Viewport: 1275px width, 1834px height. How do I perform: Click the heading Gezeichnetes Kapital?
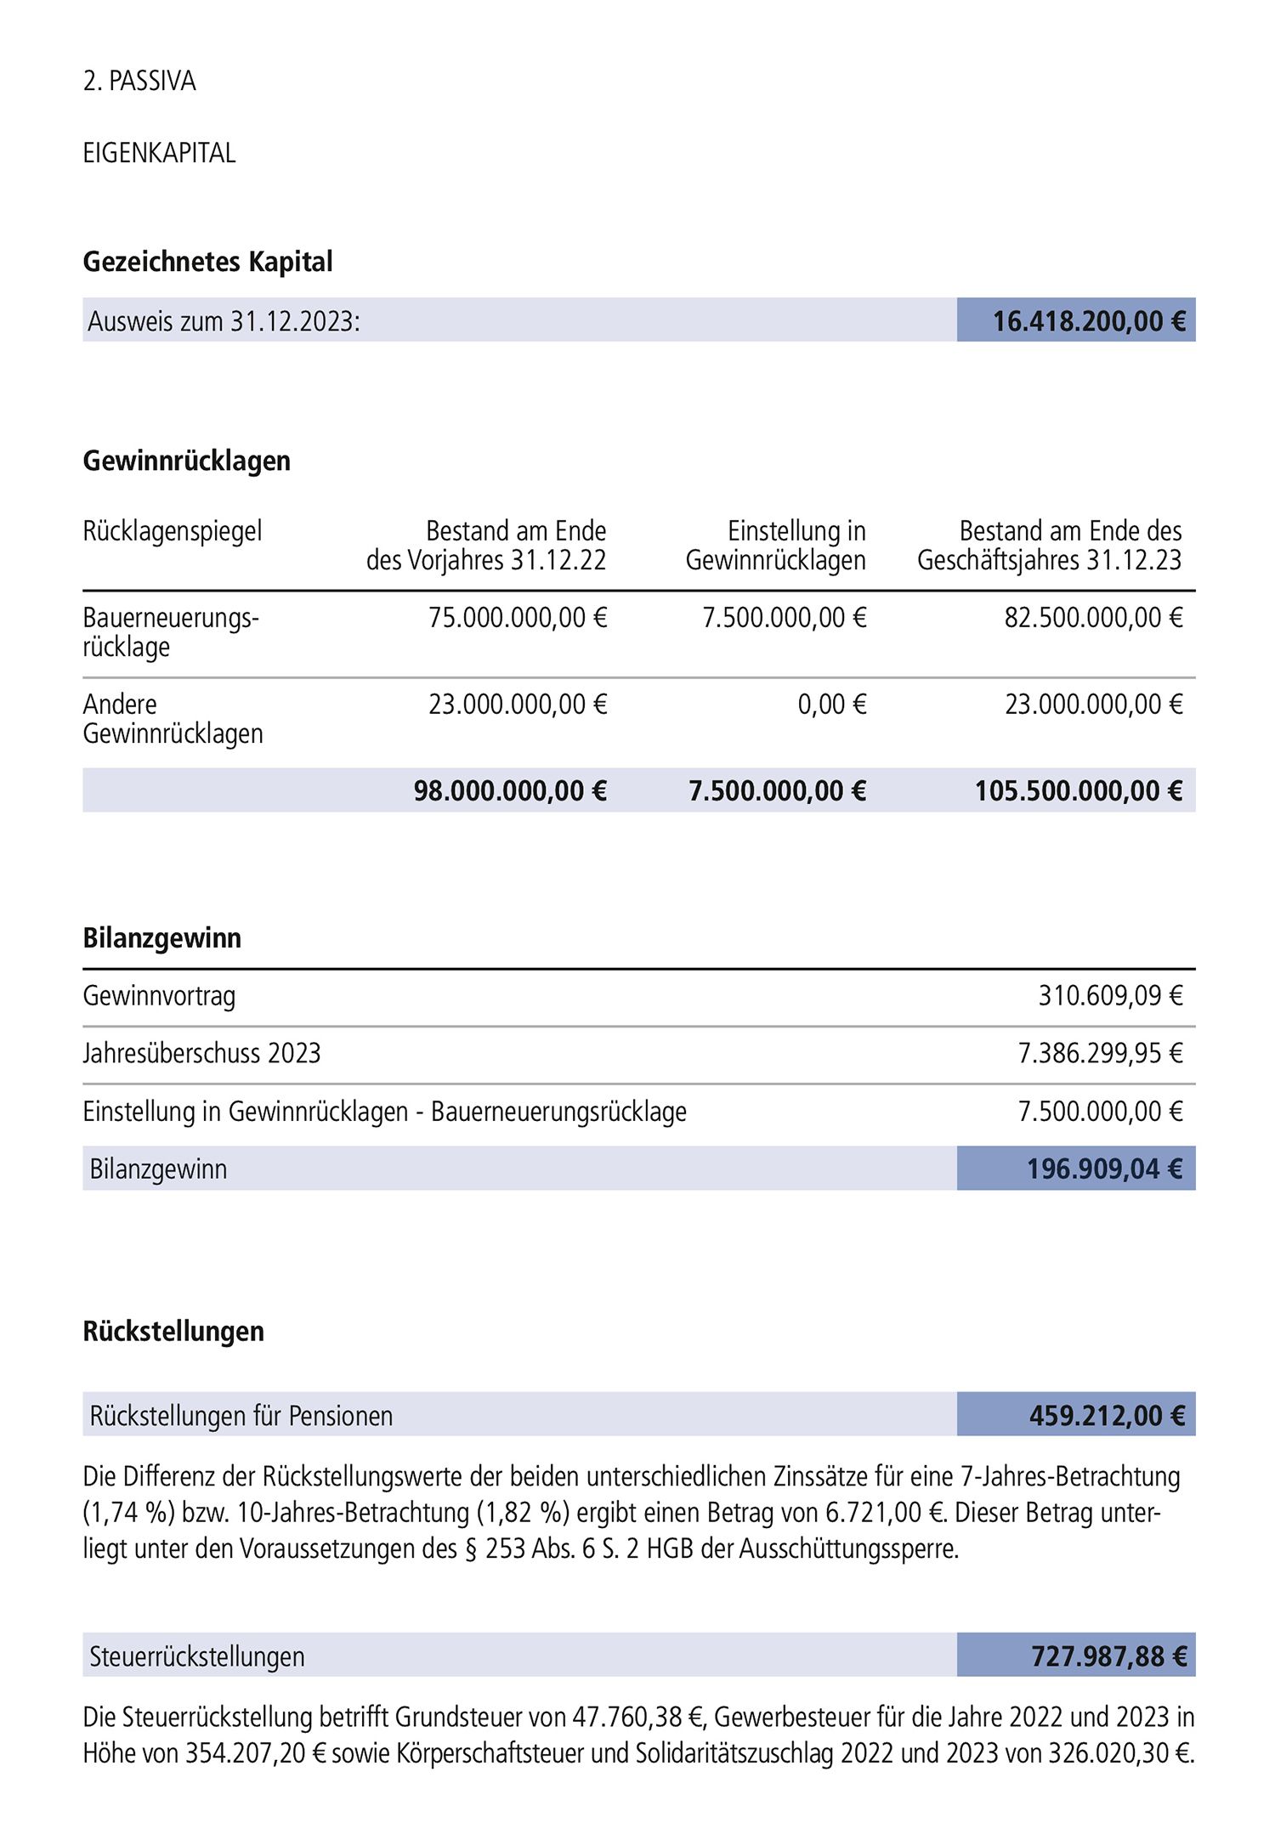(207, 262)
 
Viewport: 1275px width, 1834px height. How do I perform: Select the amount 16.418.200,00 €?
(1088, 321)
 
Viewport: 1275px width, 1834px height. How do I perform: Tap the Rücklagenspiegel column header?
(172, 531)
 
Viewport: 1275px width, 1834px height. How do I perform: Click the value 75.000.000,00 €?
(518, 618)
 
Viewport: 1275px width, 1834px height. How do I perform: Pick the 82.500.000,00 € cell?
(1093, 618)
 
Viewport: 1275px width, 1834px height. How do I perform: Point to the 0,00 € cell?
(831, 705)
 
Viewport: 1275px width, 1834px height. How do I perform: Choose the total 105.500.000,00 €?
(1078, 791)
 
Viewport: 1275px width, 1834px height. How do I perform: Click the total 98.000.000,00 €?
(510, 791)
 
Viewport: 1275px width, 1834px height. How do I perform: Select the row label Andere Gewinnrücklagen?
(173, 719)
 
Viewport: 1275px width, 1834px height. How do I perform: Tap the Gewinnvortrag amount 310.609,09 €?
(1110, 996)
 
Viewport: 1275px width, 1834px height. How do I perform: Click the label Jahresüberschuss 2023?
(201, 1054)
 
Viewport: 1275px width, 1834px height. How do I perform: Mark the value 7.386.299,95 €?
(1100, 1054)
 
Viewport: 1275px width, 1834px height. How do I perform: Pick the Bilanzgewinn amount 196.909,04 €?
(1104, 1169)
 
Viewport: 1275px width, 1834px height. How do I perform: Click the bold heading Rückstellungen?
(173, 1332)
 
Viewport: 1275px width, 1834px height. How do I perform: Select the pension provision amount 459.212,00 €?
(1107, 1416)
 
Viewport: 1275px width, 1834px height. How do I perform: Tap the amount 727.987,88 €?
(1108, 1656)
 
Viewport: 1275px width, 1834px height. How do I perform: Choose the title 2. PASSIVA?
(139, 82)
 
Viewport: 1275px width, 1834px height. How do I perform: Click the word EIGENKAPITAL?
(159, 153)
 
